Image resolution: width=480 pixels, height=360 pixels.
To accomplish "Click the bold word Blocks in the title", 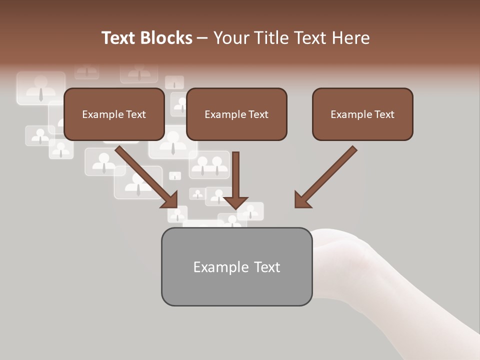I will click(x=167, y=38).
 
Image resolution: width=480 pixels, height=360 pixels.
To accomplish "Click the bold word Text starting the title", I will click(x=121, y=38).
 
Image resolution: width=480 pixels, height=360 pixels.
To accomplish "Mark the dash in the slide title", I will click(x=202, y=38).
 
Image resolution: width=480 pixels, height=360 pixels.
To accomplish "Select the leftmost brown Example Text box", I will click(x=114, y=114).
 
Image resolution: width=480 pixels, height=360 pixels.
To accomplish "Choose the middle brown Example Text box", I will click(x=236, y=114).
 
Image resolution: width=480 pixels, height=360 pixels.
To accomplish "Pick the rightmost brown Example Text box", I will click(x=362, y=114).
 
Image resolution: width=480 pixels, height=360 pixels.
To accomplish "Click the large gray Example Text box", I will click(x=236, y=266).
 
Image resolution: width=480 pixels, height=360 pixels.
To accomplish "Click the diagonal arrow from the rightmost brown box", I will click(x=326, y=176).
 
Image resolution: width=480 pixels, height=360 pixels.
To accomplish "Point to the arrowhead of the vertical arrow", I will click(x=235, y=202).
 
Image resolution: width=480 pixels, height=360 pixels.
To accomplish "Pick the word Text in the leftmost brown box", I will click(x=135, y=114).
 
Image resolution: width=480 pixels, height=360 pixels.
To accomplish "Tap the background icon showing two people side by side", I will click(x=209, y=165).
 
